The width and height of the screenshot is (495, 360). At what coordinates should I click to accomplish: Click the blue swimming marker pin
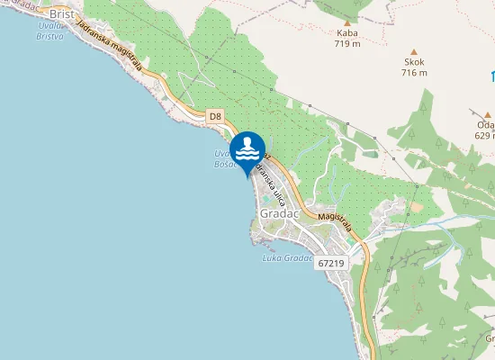coord(247,149)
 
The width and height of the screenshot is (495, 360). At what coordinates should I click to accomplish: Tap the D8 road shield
coord(214,116)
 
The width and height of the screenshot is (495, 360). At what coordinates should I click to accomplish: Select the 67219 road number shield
coord(330,263)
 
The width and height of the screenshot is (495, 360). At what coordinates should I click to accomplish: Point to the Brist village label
coord(62,14)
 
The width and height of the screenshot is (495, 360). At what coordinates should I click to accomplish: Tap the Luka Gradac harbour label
coord(286,258)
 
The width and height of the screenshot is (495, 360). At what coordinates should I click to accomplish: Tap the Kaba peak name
coord(346,33)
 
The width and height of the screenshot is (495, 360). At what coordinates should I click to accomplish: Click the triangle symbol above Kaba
coord(347,22)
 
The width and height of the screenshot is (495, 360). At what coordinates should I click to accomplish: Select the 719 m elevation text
coord(346,43)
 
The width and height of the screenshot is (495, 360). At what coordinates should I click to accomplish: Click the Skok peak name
coord(415,63)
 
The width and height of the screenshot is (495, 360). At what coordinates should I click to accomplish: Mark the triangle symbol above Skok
coord(414,51)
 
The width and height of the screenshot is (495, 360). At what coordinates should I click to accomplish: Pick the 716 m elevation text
coord(415,73)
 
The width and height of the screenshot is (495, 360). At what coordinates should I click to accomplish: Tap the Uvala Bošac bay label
coord(223,158)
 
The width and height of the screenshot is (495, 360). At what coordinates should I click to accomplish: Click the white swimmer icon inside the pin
coord(247,146)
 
